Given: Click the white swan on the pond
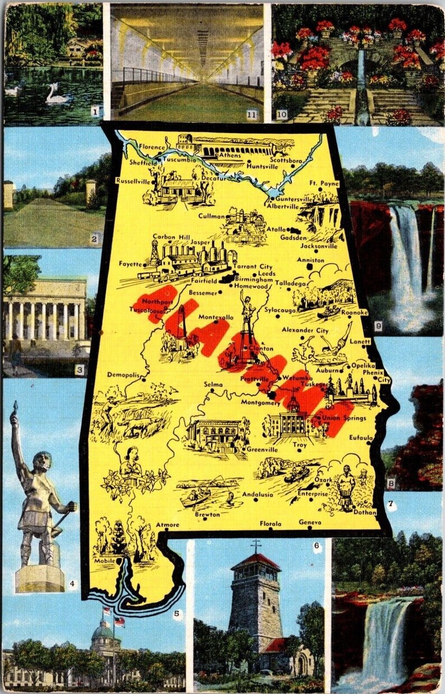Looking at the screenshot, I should coord(57,96).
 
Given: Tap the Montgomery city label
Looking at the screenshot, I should coord(260,402).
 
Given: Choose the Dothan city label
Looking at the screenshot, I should coord(365,512).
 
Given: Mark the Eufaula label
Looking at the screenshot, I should coord(361,437).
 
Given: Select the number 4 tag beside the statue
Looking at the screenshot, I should coord(72,584).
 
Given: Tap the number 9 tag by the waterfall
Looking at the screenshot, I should coord(378,325).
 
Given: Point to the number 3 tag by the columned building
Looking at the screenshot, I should coord(80,369).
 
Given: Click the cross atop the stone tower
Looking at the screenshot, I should coord(256,545).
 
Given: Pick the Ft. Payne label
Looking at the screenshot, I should coord(324,183).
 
